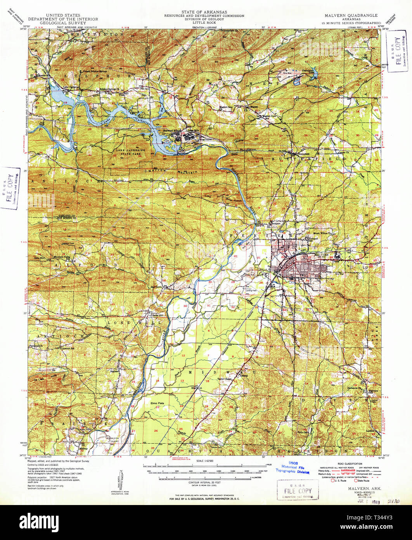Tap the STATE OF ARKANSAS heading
tap(204, 12)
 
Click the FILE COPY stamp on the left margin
tap(10, 188)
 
